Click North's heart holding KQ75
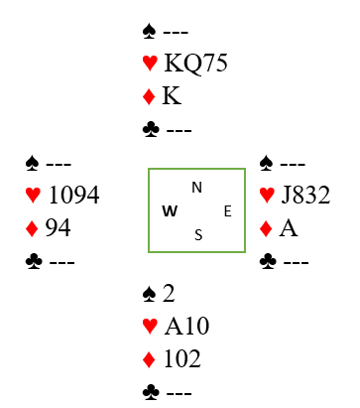pos(195,63)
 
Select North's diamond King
pos(172,95)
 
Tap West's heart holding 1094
pos(73,195)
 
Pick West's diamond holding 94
pos(58,227)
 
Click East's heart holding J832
pos(305,195)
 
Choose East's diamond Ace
pos(289,228)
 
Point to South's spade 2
pos(169,293)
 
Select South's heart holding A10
pos(186,326)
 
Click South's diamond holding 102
pos(182,358)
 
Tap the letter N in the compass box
pos(196,188)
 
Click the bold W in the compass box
pos(170,210)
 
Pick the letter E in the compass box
pos(228,211)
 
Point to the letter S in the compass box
pos(198,235)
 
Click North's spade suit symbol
pos(149,32)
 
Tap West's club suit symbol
pos(34,261)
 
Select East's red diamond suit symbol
pos(266,228)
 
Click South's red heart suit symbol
pos(150,326)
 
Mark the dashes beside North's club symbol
pos(179,130)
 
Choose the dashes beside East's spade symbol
pos(293,164)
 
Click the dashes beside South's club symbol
pos(179,393)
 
